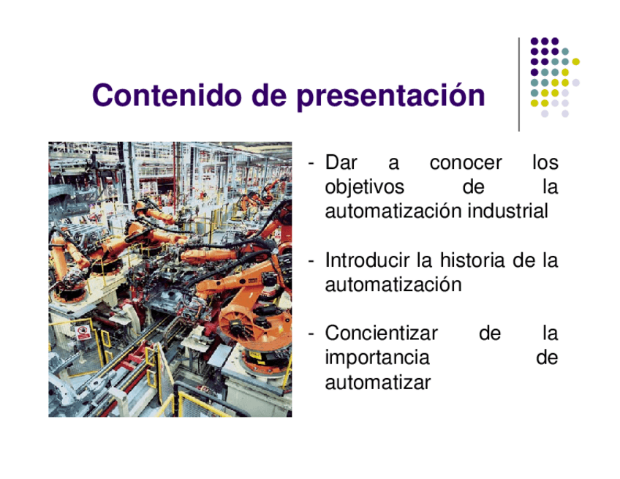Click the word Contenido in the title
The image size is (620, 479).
(x=167, y=95)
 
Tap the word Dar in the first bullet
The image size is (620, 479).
(x=341, y=162)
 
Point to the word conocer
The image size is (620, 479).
(x=466, y=163)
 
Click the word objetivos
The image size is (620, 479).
(x=365, y=187)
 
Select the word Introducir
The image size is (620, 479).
(x=368, y=260)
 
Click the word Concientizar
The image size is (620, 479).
(x=381, y=333)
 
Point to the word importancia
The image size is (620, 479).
(x=377, y=358)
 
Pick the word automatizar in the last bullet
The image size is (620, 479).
(x=377, y=382)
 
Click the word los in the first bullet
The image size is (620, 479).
(x=545, y=162)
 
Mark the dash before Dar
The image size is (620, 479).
(x=311, y=164)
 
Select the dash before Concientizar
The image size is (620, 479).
(x=311, y=334)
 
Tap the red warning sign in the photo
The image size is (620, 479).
(x=83, y=333)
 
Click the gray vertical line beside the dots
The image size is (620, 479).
(x=519, y=84)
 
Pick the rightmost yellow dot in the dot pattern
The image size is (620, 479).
(x=575, y=61)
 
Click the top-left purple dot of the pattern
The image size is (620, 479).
(x=534, y=41)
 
